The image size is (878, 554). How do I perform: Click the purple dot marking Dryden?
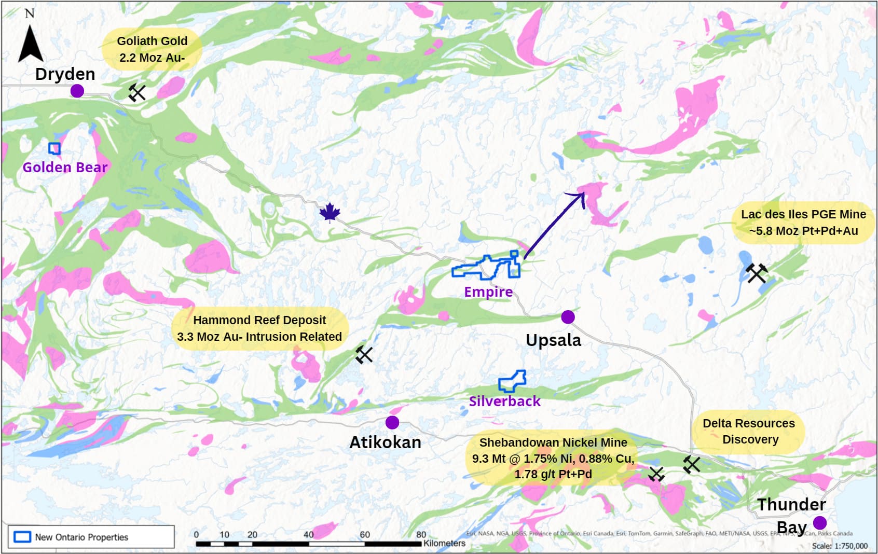(77, 91)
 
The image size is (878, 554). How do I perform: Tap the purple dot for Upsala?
(568, 317)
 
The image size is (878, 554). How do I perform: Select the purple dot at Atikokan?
(392, 423)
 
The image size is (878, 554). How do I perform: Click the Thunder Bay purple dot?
(820, 522)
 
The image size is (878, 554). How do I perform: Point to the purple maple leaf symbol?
(330, 213)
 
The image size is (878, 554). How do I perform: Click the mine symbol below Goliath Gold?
(137, 93)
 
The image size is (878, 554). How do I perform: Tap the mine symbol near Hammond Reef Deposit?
(364, 355)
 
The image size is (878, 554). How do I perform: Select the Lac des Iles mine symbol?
(756, 273)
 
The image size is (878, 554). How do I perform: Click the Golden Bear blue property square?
(54, 149)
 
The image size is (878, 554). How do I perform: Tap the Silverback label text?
(504, 401)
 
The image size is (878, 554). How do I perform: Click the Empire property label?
(488, 292)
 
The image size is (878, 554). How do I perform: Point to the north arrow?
(30, 44)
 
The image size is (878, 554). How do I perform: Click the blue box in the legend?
(22, 537)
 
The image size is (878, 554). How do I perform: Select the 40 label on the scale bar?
(308, 535)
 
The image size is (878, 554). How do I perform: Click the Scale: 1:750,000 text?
(839, 546)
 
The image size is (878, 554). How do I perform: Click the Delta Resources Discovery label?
(748, 431)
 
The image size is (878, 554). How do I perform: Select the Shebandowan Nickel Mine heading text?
(553, 442)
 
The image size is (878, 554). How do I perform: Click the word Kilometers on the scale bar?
(444, 543)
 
